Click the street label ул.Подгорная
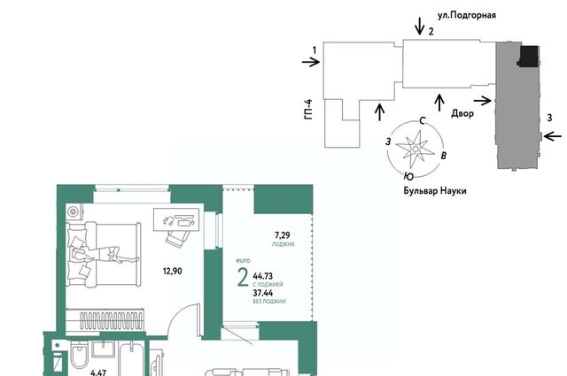pyautogui.click(x=467, y=16)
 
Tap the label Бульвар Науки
pyautogui.click(x=435, y=191)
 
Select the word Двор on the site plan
pyautogui.click(x=462, y=113)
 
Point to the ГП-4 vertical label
pyautogui.click(x=308, y=110)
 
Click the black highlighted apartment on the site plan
pyautogui.click(x=529, y=56)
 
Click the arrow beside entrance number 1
pyautogui.click(x=311, y=62)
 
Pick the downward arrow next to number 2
pyautogui.click(x=419, y=26)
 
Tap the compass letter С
pyautogui.click(x=422, y=120)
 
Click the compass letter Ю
pyautogui.click(x=408, y=176)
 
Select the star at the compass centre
pyautogui.click(x=416, y=149)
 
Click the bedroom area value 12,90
pyautogui.click(x=173, y=271)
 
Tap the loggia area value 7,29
pyautogui.click(x=283, y=235)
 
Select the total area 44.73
pyautogui.click(x=263, y=276)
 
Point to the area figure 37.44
pyautogui.click(x=263, y=293)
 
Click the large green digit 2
pyautogui.click(x=243, y=278)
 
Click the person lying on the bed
pyautogui.click(x=105, y=254)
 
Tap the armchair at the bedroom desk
pyautogui.click(x=177, y=238)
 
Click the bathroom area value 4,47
pyautogui.click(x=98, y=372)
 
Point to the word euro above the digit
pyautogui.click(x=243, y=260)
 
